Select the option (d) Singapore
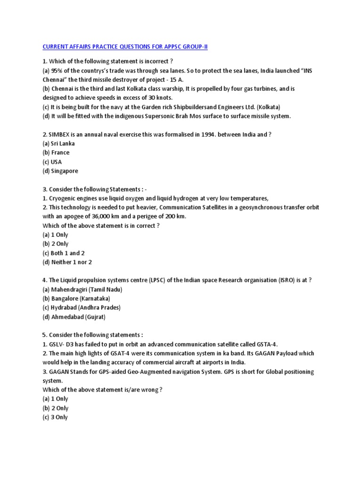pos(60,171)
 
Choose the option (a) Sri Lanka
pos(58,144)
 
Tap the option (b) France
pos(56,153)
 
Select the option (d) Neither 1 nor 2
pos(67,262)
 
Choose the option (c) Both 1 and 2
pos(64,253)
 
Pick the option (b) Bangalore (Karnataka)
pos(76,298)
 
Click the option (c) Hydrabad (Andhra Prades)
pos(82,307)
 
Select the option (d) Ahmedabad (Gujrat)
pos(74,317)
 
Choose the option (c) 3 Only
pos(55,417)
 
